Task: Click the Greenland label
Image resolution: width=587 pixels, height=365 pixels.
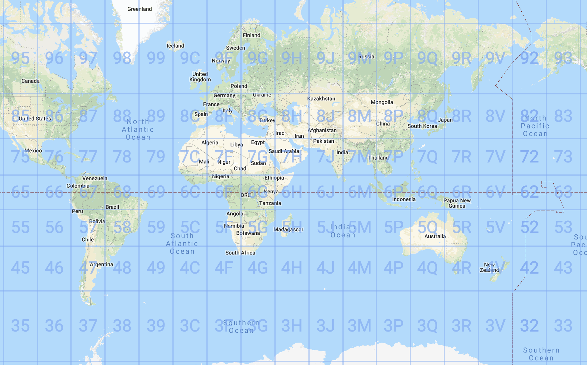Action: point(140,9)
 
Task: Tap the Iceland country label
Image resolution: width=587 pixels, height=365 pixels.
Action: point(175,46)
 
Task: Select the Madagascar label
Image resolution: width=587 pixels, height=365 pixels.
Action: point(288,229)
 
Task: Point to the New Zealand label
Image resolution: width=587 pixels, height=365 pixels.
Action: point(489,267)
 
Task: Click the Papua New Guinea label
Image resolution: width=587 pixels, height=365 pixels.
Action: point(457,203)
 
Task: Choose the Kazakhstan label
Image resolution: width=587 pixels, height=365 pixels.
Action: point(321,99)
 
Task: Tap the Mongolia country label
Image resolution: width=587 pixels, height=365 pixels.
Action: point(382,102)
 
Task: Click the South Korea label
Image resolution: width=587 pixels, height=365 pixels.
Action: point(422,126)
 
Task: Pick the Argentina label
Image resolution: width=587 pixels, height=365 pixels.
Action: point(101,264)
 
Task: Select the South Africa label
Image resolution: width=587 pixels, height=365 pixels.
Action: point(240,253)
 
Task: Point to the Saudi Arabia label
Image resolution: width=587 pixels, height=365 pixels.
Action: point(284,151)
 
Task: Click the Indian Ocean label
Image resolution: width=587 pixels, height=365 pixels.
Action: point(343,231)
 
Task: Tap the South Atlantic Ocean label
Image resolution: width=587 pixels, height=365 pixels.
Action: point(182,244)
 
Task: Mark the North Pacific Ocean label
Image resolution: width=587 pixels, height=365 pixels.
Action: point(535,126)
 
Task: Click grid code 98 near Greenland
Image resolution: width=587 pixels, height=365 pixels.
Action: point(122,58)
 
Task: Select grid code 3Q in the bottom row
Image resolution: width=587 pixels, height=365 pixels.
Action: point(427,326)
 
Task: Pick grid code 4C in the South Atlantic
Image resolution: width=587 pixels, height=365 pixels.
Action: point(190,268)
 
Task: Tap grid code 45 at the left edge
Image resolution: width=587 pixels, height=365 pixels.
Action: point(20,268)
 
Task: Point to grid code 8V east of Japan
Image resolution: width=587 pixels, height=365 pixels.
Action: point(495,116)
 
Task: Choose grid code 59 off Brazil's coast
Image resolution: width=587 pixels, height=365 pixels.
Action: point(156,227)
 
